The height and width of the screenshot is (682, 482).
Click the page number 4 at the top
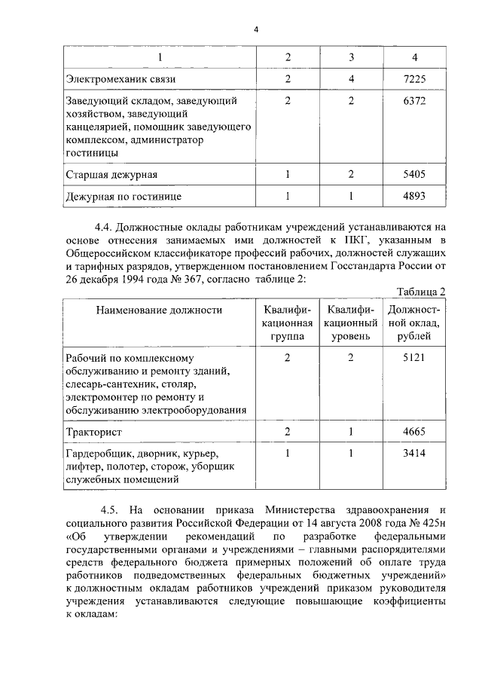255,29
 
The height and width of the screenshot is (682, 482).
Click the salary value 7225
415,78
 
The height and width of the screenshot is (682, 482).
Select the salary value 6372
415,101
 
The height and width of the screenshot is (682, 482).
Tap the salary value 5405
415,175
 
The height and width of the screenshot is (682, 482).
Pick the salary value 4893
415,197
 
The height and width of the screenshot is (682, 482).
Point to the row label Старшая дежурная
111,175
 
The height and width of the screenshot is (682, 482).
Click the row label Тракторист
93,432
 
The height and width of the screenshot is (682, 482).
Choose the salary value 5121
415,358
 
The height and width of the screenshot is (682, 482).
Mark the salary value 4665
415,432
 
